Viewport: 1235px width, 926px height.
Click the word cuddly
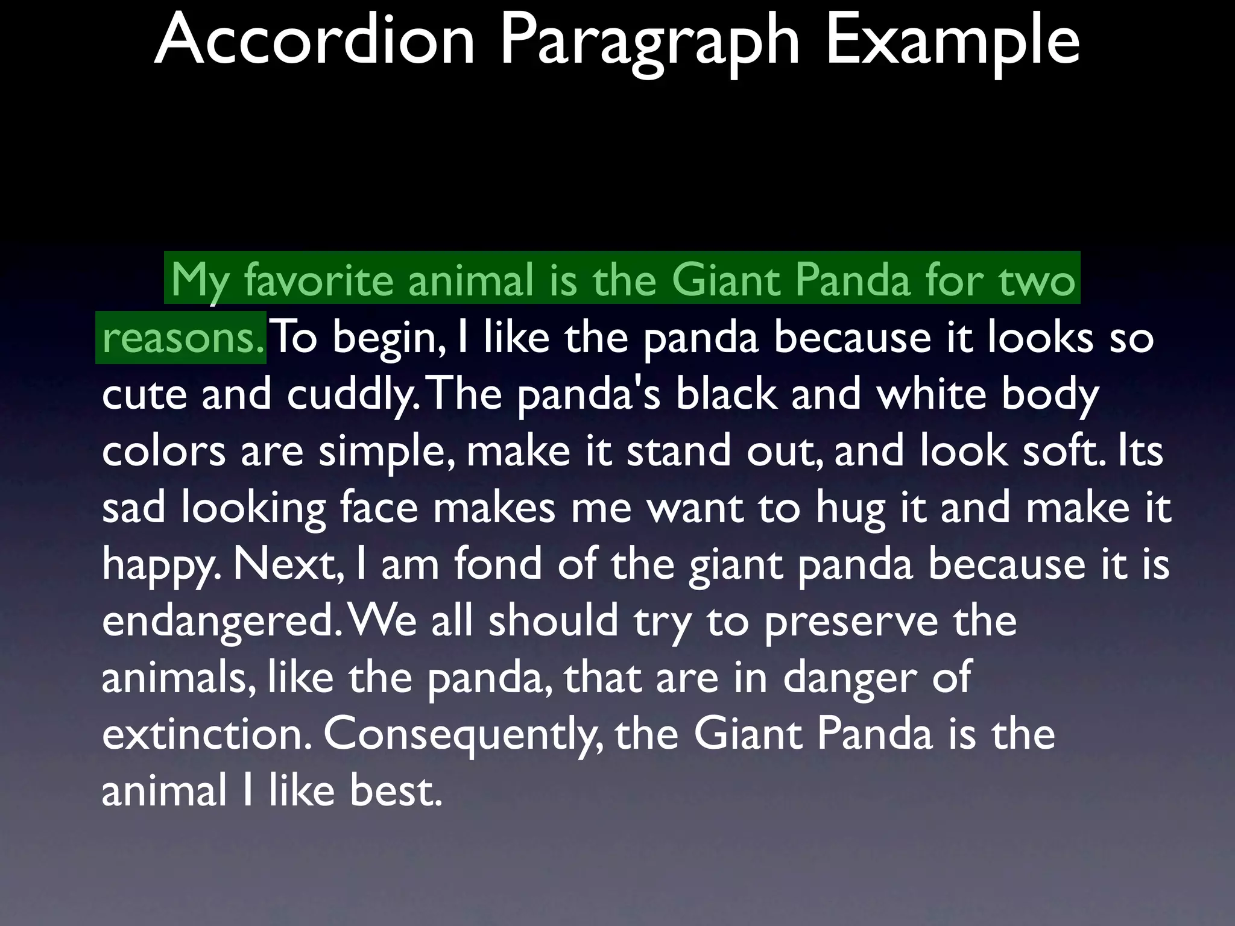[352, 394]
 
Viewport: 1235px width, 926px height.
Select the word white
[931, 394]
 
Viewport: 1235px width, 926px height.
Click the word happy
[160, 565]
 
